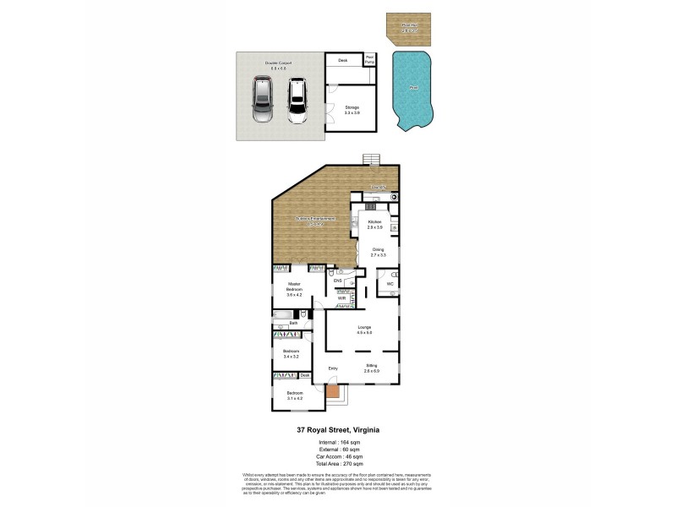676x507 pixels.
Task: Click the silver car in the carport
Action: coord(263,101)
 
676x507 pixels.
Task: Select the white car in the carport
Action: coord(296,101)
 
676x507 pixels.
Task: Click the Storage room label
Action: coord(352,110)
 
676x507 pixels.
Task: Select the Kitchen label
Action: coord(375,225)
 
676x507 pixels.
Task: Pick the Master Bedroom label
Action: coord(294,289)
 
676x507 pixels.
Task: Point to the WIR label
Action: coord(342,298)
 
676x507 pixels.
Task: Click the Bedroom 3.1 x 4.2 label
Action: coord(294,395)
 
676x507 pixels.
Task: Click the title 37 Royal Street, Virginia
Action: coord(337,429)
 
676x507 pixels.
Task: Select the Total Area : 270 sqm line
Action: coord(337,464)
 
